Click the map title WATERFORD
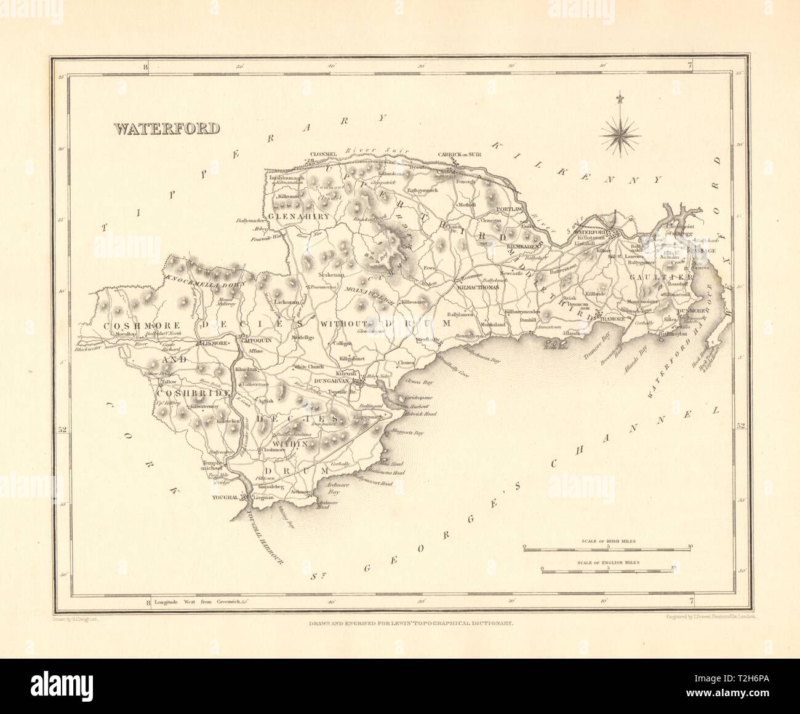tap(166, 129)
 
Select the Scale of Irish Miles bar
tap(607, 546)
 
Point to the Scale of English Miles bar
tap(607, 569)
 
